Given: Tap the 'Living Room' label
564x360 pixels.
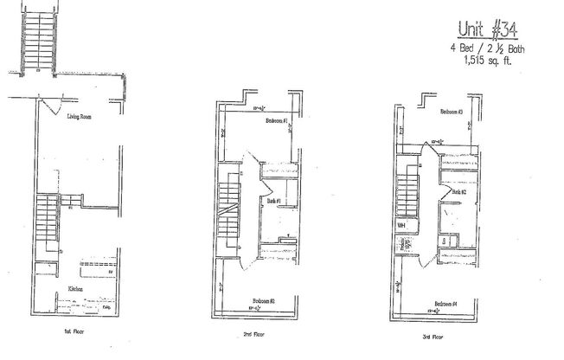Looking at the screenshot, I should (80, 115).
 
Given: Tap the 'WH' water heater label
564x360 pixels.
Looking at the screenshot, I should (401, 225).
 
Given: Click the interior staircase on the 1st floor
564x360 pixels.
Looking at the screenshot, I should (43, 223).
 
